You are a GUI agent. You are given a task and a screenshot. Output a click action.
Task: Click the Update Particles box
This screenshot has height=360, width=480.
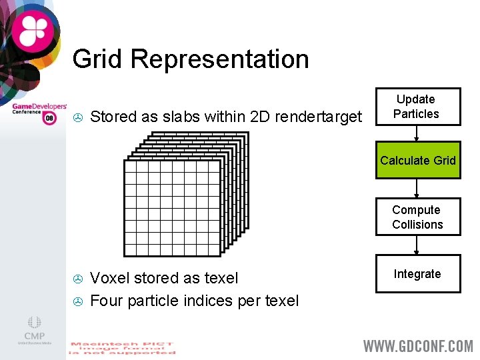(417, 107)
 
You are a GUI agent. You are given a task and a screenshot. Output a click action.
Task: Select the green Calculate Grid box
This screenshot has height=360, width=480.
(417, 161)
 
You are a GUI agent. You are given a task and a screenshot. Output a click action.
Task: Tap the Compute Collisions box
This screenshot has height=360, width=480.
(417, 217)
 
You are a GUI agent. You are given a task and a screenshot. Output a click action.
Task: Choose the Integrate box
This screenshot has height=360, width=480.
(417, 274)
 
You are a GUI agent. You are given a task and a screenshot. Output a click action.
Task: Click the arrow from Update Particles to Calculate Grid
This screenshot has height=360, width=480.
(417, 134)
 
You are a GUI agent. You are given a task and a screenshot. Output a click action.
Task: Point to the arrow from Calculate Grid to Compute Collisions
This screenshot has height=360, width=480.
(417, 189)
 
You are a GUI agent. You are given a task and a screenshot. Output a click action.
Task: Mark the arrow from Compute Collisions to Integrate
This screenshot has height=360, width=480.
(417, 246)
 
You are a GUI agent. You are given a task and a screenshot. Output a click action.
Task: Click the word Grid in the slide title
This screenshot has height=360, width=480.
(98, 59)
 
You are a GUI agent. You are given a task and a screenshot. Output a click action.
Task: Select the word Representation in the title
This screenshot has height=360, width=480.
(220, 59)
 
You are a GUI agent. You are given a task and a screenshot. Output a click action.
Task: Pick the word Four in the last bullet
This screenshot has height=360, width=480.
(106, 301)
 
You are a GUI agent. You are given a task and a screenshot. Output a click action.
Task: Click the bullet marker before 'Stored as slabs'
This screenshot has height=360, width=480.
(77, 118)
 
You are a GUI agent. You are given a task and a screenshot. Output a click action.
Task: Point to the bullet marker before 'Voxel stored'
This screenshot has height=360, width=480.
(77, 278)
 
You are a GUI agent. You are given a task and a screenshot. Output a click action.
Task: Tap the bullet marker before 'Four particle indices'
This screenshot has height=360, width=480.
(77, 301)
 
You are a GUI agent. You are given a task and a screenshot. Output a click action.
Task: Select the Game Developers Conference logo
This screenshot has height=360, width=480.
(39, 112)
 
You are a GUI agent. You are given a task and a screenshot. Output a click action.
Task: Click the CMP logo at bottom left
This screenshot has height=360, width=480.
(35, 330)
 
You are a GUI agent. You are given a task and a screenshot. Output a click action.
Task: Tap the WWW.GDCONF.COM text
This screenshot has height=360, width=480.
(417, 346)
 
